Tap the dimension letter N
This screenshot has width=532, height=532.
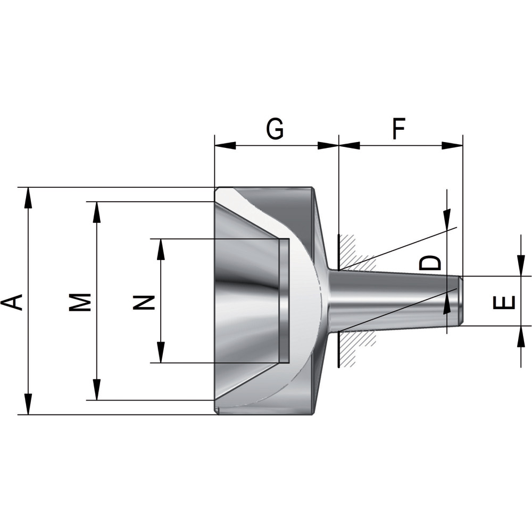point(144,302)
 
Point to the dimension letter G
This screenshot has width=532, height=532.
point(275,129)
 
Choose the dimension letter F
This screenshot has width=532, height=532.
point(399,129)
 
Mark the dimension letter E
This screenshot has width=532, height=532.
point(503,302)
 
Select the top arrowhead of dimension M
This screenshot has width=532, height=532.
point(97,212)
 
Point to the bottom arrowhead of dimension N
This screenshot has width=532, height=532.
point(161,353)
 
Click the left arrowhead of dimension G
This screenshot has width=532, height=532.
point(225,146)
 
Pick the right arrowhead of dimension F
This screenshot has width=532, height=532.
point(452,146)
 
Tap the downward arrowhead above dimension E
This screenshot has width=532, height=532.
point(520,266)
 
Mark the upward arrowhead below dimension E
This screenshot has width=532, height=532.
point(520,336)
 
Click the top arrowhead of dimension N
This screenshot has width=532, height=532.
point(161,250)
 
